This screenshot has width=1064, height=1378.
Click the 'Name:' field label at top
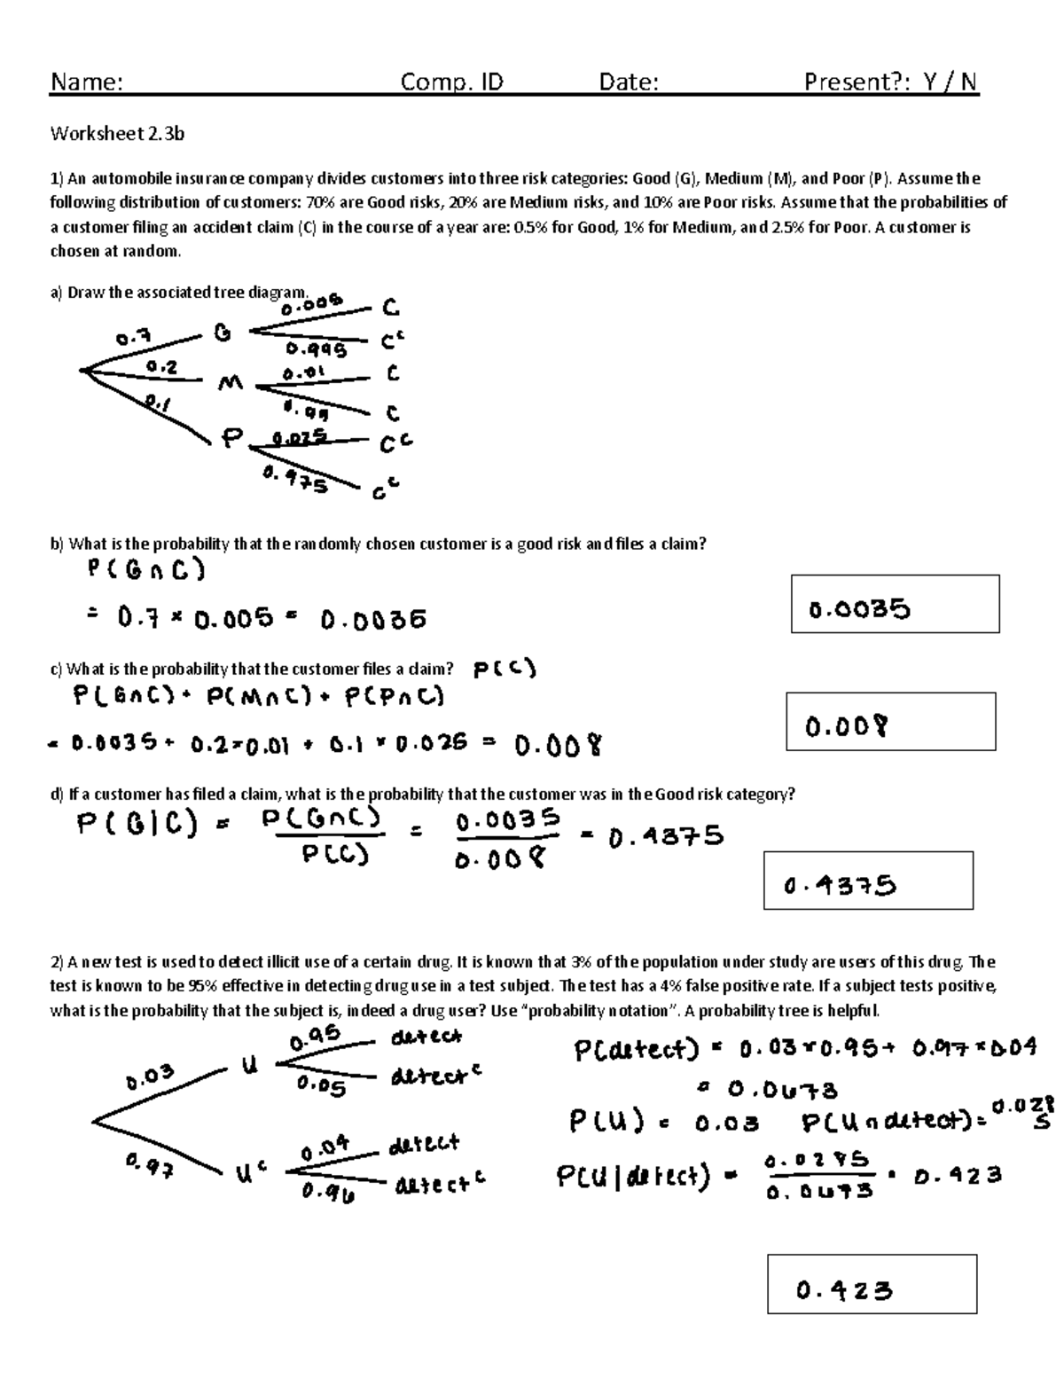coord(86,82)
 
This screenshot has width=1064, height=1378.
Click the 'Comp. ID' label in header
coord(451,82)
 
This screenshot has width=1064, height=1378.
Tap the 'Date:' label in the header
coord(628,82)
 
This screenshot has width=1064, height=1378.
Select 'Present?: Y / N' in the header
coord(890,82)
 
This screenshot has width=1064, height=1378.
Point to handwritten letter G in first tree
coord(222,333)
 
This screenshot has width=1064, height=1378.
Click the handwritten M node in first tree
coord(230,384)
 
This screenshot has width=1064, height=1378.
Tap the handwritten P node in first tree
coord(231,438)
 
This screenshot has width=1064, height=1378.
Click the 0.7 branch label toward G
coord(133,338)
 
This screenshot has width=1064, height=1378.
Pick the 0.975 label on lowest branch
coord(295,480)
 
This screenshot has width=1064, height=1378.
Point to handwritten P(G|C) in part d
coord(137,826)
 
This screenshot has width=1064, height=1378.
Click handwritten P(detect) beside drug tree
coord(630,1051)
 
